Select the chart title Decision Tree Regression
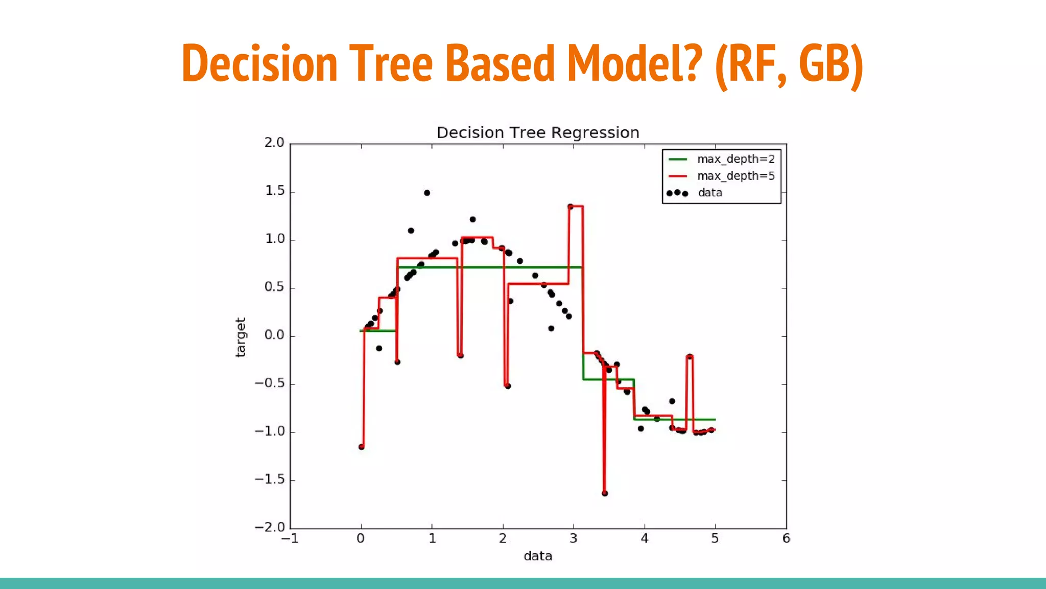pos(538,133)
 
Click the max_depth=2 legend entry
pos(735,159)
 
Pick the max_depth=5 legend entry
pos(735,176)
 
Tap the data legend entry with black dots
pos(709,193)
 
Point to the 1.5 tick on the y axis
pos(274,191)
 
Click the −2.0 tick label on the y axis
pos(270,528)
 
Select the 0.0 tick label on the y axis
pos(274,335)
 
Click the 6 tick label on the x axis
pos(786,539)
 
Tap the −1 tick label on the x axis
pos(290,539)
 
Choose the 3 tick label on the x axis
pos(574,539)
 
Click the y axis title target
pos(241,337)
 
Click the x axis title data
pos(538,556)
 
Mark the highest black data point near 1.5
pos(427,193)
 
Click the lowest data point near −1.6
pos(605,493)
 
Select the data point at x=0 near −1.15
pos(362,447)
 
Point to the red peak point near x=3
pos(570,207)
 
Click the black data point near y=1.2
pos(472,219)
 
